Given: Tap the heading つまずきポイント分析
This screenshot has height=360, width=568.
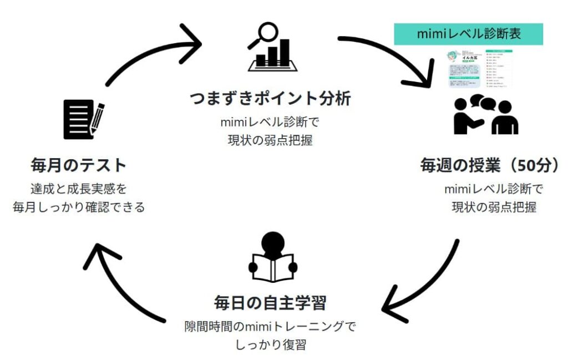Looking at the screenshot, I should (270, 99).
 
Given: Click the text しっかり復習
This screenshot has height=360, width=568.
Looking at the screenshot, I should (270, 344).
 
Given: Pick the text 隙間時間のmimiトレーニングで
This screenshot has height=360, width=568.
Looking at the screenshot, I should (270, 326).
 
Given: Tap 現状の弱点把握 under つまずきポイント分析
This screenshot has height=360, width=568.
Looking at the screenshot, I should (270, 140).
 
